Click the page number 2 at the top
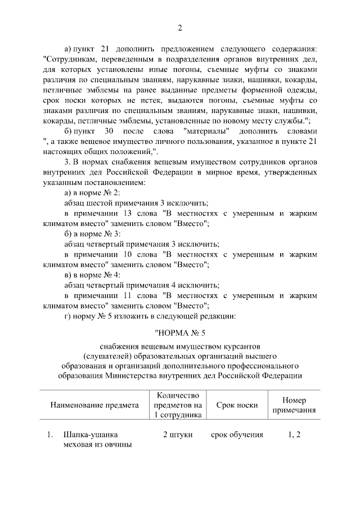[x=179, y=28]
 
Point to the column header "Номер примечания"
[x=294, y=405]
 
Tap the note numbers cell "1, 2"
[x=294, y=435]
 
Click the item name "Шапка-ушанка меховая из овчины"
[x=97, y=440]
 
